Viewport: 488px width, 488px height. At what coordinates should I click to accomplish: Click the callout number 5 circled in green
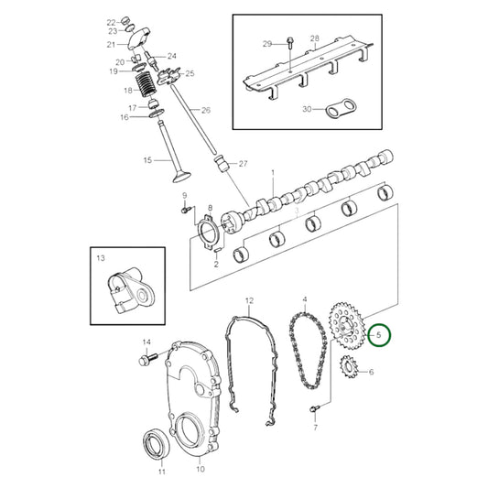click(x=379, y=336)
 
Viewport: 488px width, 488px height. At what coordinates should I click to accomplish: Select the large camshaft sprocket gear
click(x=345, y=326)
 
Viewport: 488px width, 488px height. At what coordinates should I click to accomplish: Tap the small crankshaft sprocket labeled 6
click(x=347, y=371)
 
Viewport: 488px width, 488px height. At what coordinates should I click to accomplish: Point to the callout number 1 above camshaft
click(x=272, y=173)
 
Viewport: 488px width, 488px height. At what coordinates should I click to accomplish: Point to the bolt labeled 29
click(x=289, y=43)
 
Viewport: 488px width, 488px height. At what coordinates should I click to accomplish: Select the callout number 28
click(x=313, y=38)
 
